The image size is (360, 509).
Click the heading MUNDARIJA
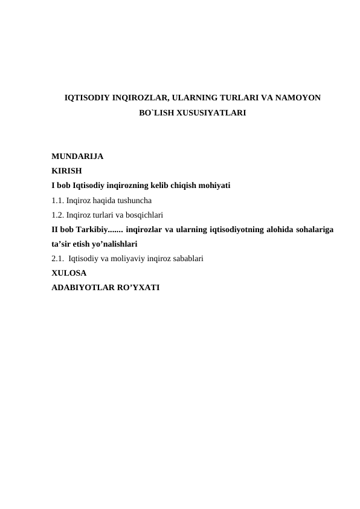tap(77, 156)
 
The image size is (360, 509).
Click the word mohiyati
tap(217, 185)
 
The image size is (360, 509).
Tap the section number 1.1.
tap(59, 199)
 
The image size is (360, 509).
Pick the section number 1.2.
tap(59, 214)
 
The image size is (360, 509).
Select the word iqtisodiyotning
tap(234, 229)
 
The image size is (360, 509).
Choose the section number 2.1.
tap(59, 258)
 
